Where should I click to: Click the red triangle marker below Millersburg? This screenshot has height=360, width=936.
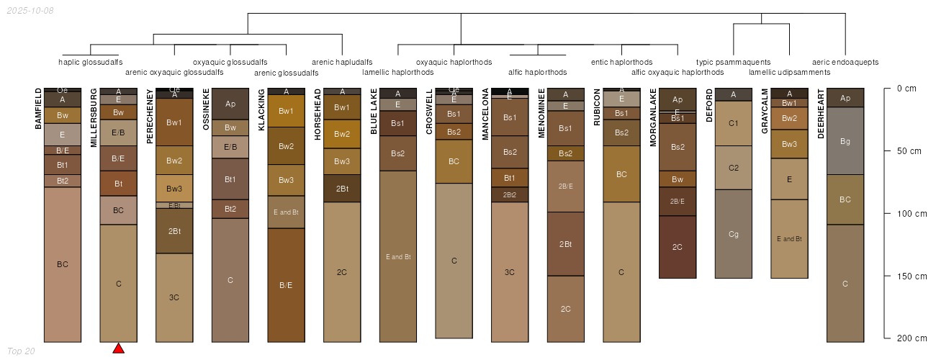(119, 348)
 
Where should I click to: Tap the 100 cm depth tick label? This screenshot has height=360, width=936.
(906, 214)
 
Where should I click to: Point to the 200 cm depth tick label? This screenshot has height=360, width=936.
(906, 338)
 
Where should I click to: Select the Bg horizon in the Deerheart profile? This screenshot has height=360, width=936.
(845, 141)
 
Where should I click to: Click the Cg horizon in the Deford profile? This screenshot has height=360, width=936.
(734, 234)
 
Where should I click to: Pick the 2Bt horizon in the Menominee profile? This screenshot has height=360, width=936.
(566, 244)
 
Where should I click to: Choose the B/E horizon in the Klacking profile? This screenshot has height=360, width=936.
(286, 285)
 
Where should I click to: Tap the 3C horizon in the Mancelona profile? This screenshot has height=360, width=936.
(510, 272)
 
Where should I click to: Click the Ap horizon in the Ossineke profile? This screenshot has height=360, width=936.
(230, 104)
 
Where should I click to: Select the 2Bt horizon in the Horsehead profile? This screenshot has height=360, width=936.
(342, 189)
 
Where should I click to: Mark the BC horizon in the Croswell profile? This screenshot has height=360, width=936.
(454, 161)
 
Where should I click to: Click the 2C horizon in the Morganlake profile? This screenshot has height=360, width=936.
(678, 247)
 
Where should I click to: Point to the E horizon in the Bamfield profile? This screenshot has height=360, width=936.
(63, 135)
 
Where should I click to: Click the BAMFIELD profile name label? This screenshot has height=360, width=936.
(39, 109)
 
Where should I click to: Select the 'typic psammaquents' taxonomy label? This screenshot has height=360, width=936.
(733, 62)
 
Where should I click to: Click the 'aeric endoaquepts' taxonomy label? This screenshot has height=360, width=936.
(845, 62)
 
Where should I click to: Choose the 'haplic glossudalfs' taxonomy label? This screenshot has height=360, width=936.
(91, 62)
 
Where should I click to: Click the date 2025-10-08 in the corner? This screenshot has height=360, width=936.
(30, 11)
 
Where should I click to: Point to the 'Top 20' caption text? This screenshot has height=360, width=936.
(20, 351)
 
